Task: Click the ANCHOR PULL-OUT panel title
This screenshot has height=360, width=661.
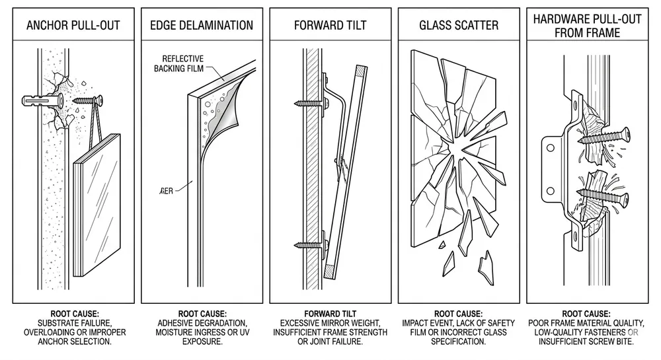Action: (x=73, y=26)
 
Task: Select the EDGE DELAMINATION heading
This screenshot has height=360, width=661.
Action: (x=202, y=26)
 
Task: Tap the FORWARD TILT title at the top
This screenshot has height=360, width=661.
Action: (x=330, y=26)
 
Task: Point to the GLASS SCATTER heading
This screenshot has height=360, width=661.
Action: (x=459, y=26)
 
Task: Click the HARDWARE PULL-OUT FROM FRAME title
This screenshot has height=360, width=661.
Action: (x=588, y=26)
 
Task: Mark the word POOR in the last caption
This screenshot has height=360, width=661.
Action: (x=539, y=322)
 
